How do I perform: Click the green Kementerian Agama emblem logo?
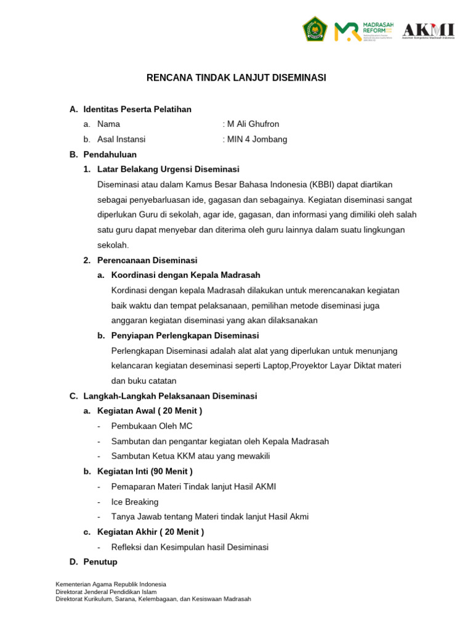tap(314, 30)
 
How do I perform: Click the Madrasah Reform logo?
tap(365, 31)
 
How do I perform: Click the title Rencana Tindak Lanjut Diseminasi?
tap(236, 78)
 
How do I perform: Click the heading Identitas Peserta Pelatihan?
tap(137, 109)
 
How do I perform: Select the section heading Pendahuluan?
tap(110, 154)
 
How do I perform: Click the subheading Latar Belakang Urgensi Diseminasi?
tap(168, 169)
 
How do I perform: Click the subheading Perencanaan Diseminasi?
tap(147, 260)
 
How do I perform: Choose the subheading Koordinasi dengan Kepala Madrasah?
tap(185, 275)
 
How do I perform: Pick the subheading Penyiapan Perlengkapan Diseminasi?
tap(185, 335)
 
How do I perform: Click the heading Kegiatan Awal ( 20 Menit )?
tap(150, 410)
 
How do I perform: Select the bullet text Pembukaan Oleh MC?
tap(152, 426)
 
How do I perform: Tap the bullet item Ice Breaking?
tap(134, 502)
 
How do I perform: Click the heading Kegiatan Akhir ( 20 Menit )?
tap(151, 532)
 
